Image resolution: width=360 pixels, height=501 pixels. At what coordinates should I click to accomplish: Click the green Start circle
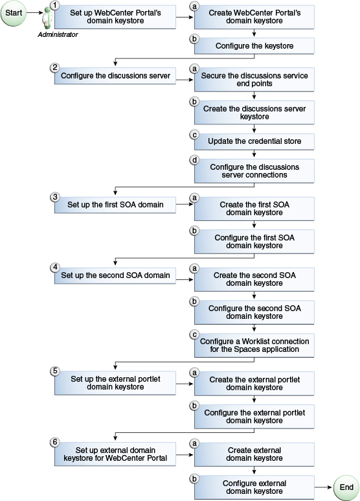click(15, 13)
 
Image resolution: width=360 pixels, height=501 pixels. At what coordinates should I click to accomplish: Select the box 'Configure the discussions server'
click(115, 76)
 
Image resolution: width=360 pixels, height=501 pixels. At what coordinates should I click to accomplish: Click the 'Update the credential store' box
click(254, 141)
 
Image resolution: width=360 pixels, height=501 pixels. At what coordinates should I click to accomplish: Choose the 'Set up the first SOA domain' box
click(115, 205)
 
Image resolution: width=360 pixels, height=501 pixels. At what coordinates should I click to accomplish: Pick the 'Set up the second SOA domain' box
click(115, 275)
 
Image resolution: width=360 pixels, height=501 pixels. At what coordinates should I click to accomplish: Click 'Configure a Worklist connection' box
click(254, 345)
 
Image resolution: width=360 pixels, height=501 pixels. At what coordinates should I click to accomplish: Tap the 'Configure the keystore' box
click(254, 47)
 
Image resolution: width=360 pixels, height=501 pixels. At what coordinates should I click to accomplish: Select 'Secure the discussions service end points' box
click(254, 80)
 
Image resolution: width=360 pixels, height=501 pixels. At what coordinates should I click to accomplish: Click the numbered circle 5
click(55, 371)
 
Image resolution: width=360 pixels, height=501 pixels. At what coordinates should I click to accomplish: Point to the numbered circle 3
click(55, 196)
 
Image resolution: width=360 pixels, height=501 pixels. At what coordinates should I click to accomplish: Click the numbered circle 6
click(55, 441)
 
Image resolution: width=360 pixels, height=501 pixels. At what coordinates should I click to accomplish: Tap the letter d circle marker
click(194, 160)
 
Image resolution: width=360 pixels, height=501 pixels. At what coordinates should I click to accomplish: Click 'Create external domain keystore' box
click(254, 453)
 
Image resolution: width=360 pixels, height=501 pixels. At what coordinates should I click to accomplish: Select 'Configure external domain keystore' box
click(254, 487)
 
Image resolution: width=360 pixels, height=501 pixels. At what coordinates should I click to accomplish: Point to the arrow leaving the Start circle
click(34, 13)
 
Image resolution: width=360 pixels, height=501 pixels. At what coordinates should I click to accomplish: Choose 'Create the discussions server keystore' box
click(254, 113)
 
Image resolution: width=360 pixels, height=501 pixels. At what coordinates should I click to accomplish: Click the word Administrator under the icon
click(58, 34)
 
